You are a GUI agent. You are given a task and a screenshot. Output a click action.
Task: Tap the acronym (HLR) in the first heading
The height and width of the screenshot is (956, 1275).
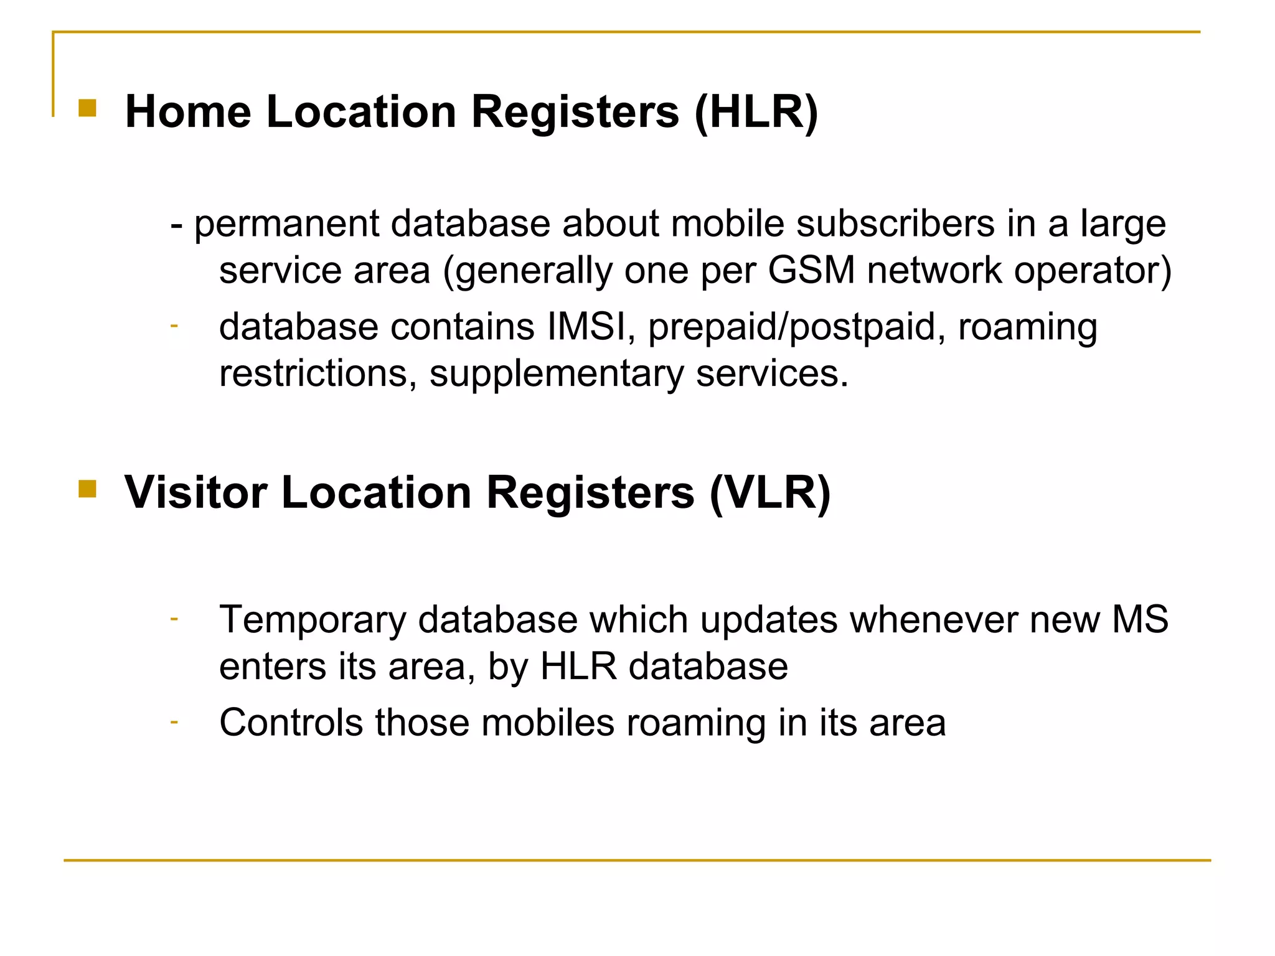tap(756, 112)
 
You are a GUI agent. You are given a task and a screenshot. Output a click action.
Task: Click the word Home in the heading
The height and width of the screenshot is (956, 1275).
tap(188, 112)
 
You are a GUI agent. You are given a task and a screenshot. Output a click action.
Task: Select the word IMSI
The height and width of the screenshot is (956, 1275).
tap(586, 327)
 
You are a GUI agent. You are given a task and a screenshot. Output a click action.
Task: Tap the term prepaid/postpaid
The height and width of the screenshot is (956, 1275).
tap(792, 328)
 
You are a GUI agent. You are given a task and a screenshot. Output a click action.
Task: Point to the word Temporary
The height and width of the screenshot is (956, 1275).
tap(313, 621)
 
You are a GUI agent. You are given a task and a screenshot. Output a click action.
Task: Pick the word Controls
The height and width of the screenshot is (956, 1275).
tap(291, 723)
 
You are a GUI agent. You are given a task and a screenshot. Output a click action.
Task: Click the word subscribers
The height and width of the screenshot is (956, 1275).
tap(895, 224)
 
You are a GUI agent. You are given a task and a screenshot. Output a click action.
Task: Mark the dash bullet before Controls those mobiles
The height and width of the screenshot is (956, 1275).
tap(174, 721)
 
